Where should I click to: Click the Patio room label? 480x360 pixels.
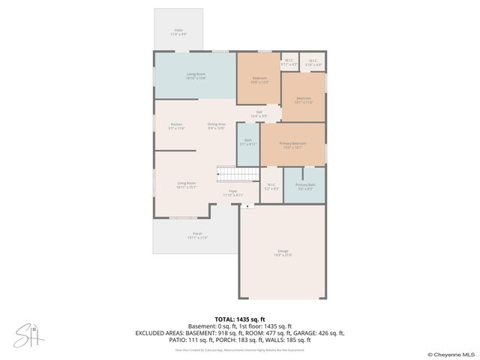(x=178, y=31)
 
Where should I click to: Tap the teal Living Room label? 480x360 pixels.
(x=196, y=76)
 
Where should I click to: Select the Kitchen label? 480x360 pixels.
(x=176, y=125)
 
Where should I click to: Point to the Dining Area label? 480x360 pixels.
(x=216, y=125)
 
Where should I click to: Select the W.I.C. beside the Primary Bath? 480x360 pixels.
(x=271, y=187)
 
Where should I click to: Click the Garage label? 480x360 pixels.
(x=283, y=253)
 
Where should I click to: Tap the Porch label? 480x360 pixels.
(x=197, y=235)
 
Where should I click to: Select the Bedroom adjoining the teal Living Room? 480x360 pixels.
(x=259, y=79)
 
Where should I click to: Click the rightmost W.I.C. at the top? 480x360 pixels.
(x=313, y=63)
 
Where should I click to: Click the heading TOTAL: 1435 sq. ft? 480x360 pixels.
(x=239, y=319)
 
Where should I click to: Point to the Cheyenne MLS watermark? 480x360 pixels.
(x=450, y=354)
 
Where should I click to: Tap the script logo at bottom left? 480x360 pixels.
(x=29, y=336)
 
